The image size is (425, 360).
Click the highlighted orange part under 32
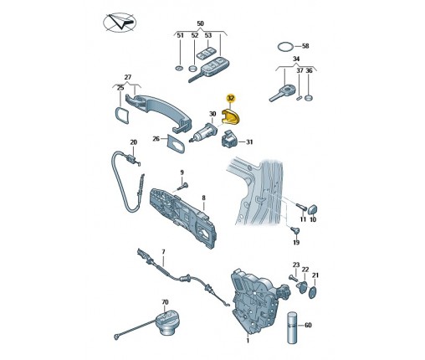[x=231, y=116]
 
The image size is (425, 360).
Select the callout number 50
[x=200, y=23]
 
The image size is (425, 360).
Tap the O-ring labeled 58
[x=285, y=46]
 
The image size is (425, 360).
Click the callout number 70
[x=165, y=302]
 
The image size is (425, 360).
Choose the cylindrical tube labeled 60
[x=292, y=327]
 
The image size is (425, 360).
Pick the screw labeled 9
[x=184, y=186]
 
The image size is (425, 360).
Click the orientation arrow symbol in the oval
[x=120, y=23]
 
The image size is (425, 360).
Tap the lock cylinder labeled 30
[x=203, y=132]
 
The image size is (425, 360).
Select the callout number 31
[x=249, y=142]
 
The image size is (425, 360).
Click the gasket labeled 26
[x=176, y=143]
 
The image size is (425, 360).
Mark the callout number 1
[x=248, y=341]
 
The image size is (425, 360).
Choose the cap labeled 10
[x=312, y=208]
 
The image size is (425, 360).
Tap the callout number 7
[x=163, y=252]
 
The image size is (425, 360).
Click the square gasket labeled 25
[x=122, y=115]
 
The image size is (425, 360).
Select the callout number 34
[x=296, y=59]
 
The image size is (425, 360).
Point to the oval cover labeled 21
[x=313, y=292]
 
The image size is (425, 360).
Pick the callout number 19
[x=296, y=242]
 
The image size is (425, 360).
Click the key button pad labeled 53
[x=206, y=53]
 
